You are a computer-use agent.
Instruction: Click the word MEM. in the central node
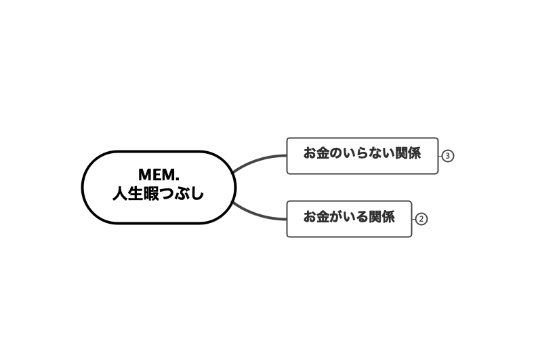(x=159, y=175)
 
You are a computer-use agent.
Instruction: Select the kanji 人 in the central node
(x=120, y=194)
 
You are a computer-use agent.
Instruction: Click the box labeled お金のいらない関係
(x=363, y=156)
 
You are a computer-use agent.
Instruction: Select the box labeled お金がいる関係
(x=349, y=219)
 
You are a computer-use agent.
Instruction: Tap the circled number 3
(x=447, y=156)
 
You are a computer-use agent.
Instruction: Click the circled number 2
(x=421, y=219)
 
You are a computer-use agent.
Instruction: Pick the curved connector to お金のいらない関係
(x=258, y=160)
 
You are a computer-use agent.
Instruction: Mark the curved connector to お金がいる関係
(x=258, y=215)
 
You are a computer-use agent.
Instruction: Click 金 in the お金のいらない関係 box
(x=323, y=153)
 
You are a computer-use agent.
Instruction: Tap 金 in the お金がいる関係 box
(x=323, y=216)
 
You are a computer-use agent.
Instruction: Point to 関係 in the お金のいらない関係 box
(x=408, y=153)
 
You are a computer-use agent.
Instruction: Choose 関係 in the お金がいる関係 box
(x=382, y=216)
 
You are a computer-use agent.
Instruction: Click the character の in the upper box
(x=336, y=153)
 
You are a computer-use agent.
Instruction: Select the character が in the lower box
(x=336, y=216)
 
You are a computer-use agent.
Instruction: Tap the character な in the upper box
(x=375, y=153)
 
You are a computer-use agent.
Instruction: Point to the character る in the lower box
(x=363, y=216)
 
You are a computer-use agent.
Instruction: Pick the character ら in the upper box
(x=363, y=153)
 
